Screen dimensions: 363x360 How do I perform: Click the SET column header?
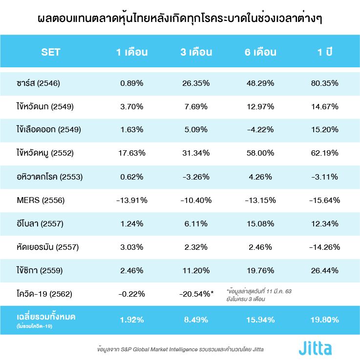pyautogui.click(x=51, y=52)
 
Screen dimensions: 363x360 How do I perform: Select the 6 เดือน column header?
pyautogui.click(x=260, y=52)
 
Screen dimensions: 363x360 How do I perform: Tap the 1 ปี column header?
pyautogui.click(x=324, y=52)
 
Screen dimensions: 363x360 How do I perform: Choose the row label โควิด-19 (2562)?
pyautogui.click(x=44, y=294)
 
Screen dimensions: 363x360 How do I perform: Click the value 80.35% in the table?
pyautogui.click(x=324, y=83)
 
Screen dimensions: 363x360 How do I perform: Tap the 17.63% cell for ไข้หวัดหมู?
pyautogui.click(x=132, y=153)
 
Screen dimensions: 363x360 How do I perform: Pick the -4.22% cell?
pyautogui.click(x=260, y=130)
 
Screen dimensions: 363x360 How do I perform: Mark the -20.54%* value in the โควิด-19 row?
pyautogui.click(x=197, y=294)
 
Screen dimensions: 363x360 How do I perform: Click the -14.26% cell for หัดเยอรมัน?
pyautogui.click(x=324, y=247)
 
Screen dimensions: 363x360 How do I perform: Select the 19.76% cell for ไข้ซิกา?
pyautogui.click(x=260, y=270)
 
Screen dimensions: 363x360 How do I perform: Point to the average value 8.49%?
pyautogui.click(x=196, y=320)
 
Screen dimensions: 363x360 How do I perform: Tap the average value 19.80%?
pyautogui.click(x=324, y=320)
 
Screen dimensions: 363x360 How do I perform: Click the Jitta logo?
pyautogui.click(x=315, y=348)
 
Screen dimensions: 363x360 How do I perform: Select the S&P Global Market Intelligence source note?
pyautogui.click(x=181, y=349)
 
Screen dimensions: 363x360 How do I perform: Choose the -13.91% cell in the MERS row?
pyautogui.click(x=132, y=200)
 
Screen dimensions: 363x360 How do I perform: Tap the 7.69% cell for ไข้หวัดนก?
pyautogui.click(x=196, y=106)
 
